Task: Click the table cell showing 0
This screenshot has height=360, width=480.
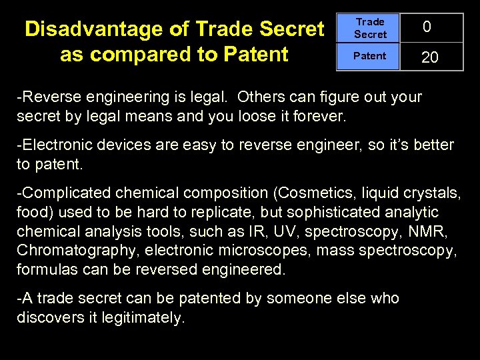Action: (427, 27)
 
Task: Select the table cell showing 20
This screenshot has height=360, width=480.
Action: (430, 58)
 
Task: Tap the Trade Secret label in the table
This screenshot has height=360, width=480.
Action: (370, 28)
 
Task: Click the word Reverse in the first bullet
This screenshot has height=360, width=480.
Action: (47, 97)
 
